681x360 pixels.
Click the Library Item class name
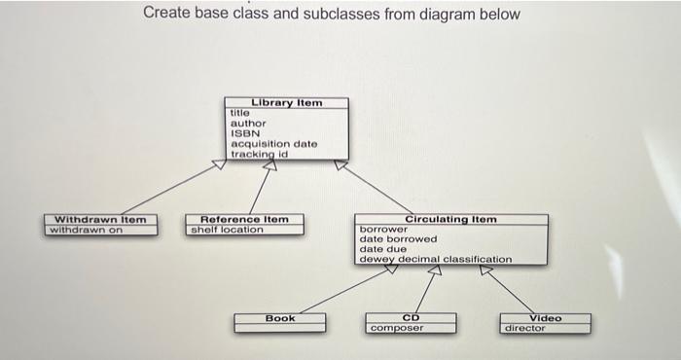286,102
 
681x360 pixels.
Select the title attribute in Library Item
239,113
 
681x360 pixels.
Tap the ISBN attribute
243,133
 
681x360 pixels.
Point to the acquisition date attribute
273,144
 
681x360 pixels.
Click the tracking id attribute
259,154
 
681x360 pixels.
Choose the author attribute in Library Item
246,124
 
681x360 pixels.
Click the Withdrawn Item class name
99,219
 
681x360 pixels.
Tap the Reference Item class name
244,219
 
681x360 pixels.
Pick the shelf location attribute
227,229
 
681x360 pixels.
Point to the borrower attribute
382,229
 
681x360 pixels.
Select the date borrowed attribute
398,238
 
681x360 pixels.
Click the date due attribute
382,249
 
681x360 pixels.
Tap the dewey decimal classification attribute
435,259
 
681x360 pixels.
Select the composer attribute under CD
396,329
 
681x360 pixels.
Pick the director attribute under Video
525,329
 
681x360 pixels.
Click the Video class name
545,318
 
